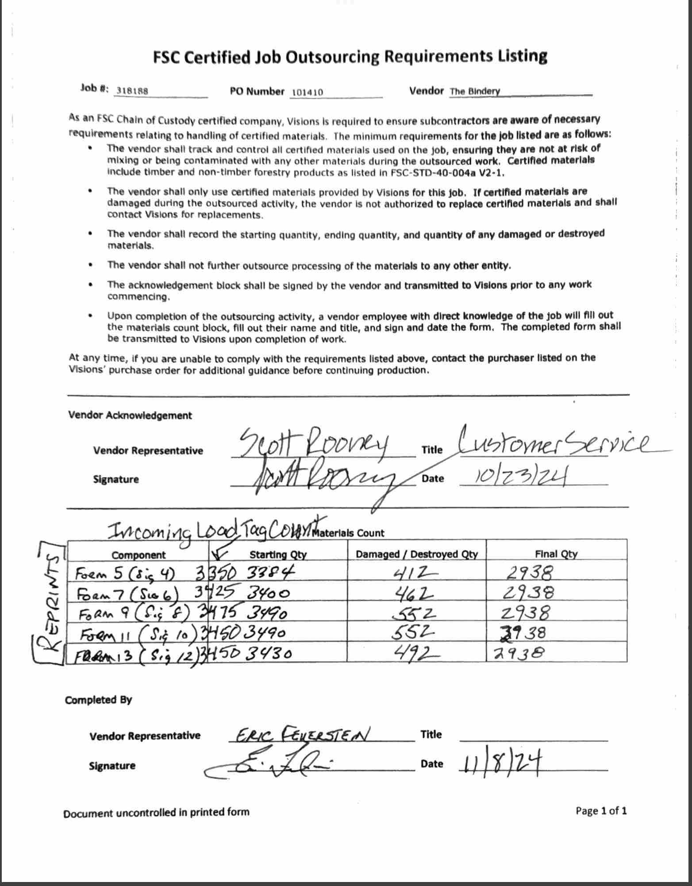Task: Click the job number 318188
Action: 131,91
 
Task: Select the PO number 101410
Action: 307,92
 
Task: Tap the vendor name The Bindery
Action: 475,92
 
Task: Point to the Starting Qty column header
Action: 278,555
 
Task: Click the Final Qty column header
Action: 556,554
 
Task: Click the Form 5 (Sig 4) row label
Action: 126,574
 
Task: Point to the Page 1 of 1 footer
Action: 601,811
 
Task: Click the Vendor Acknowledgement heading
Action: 130,416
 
